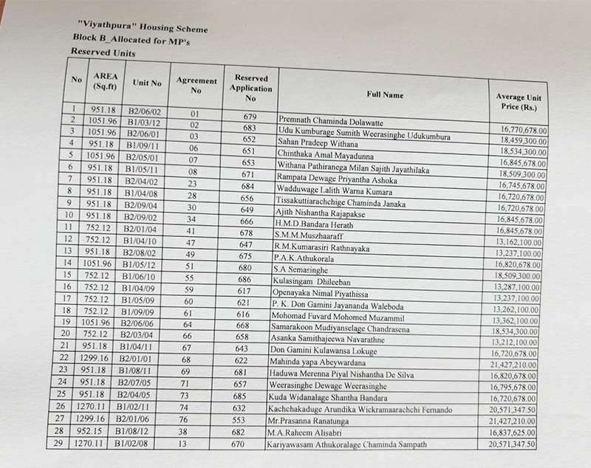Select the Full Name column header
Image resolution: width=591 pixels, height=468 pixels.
(x=384, y=95)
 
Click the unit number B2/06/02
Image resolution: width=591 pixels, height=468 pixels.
(x=150, y=111)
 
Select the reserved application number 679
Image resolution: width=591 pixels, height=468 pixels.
(x=249, y=116)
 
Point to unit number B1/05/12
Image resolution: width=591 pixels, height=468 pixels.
(x=147, y=264)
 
